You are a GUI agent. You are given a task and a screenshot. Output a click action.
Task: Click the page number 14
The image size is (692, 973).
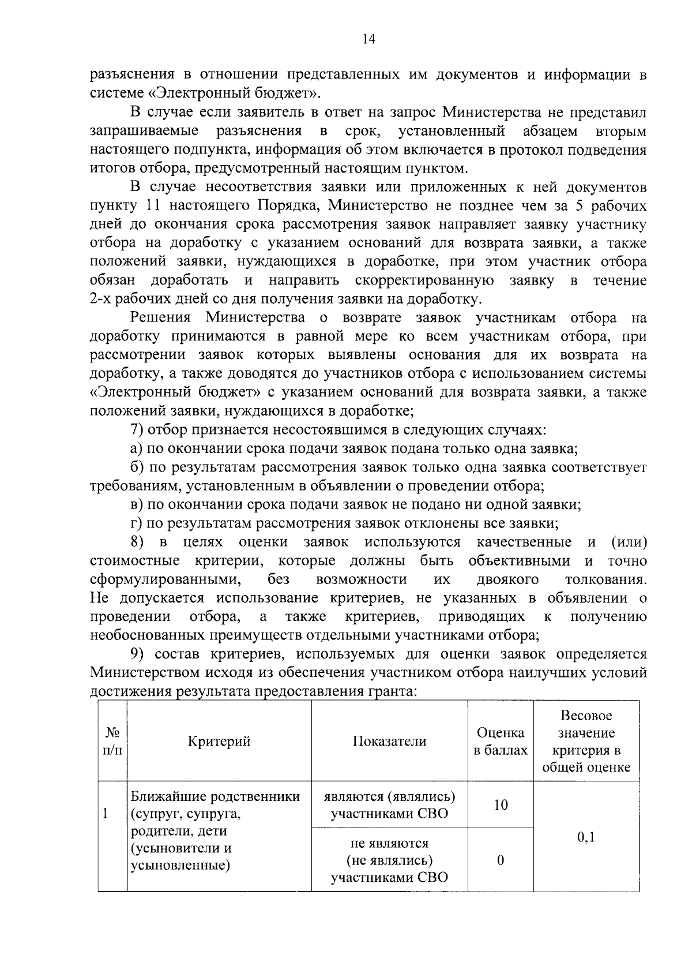(368, 39)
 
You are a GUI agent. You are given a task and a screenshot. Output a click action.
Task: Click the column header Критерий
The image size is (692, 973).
(219, 742)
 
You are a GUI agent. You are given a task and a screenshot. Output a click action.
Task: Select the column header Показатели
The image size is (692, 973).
(389, 742)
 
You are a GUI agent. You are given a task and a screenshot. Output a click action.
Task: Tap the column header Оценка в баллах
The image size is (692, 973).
(500, 742)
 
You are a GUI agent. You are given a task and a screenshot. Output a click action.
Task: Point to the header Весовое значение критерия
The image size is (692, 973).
(586, 742)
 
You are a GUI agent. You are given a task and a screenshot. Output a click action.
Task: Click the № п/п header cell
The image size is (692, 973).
(112, 742)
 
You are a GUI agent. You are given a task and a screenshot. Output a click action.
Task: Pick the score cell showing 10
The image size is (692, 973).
(501, 805)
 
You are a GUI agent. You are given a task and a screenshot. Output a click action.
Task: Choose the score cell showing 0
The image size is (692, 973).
(500, 860)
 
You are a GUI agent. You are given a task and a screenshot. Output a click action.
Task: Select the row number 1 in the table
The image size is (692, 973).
(105, 814)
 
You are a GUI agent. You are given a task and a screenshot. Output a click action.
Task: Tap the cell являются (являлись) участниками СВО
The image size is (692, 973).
(389, 805)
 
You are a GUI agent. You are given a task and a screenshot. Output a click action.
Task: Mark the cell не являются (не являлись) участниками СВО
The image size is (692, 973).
(389, 860)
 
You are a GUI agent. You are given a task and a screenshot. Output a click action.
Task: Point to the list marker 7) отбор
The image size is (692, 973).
(137, 430)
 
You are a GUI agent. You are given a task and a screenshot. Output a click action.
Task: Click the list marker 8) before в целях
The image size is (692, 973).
(137, 542)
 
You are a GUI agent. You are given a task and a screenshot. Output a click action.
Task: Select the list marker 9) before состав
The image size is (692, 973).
(137, 654)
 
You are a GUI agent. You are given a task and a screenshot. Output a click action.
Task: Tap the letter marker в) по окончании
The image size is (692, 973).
(137, 505)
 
